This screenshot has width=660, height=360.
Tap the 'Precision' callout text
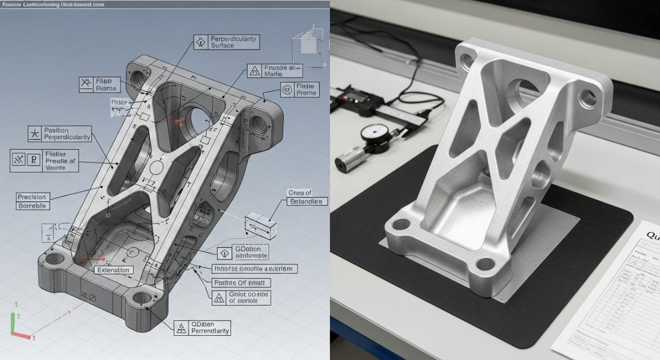[31, 197]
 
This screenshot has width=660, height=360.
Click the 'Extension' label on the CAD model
[113, 270]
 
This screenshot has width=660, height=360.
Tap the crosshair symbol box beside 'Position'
[35, 134]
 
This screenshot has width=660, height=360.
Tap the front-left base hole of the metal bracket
[400, 224]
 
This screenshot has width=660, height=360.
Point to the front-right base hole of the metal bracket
[485, 264]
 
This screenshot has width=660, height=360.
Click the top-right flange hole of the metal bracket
[587, 96]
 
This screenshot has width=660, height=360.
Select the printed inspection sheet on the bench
[608, 294]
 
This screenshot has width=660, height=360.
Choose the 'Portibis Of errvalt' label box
[241, 283]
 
